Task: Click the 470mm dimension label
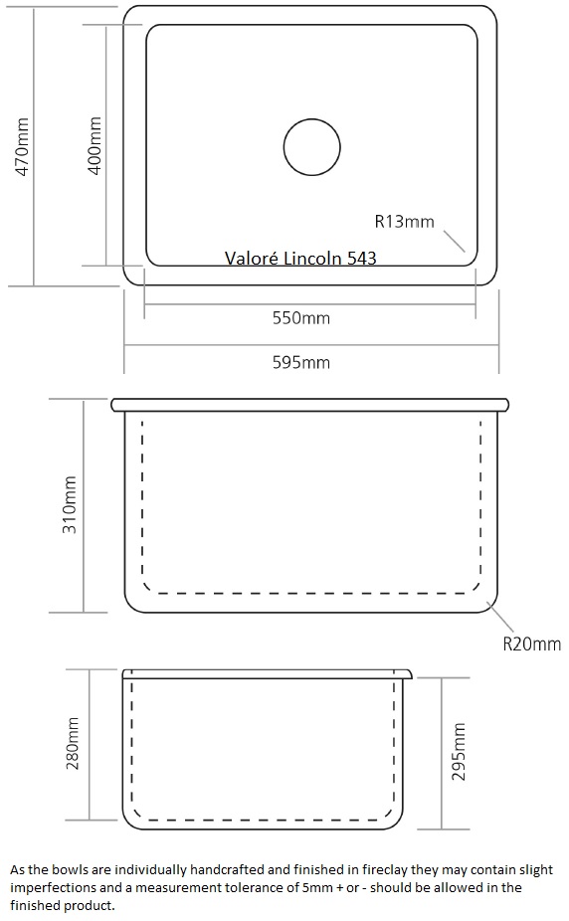coord(22,146)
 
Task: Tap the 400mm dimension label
coord(94,145)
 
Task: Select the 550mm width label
coord(301,317)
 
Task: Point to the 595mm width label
coord(301,362)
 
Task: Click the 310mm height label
coord(70,504)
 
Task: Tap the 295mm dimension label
coord(458,751)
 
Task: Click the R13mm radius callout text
coord(405,222)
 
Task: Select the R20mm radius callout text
coord(532,644)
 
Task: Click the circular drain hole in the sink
coord(311,119)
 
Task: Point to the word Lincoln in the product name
coord(312,258)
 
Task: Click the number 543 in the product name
coord(362,258)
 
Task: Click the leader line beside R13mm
coord(454,241)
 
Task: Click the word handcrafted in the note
coord(227,869)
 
